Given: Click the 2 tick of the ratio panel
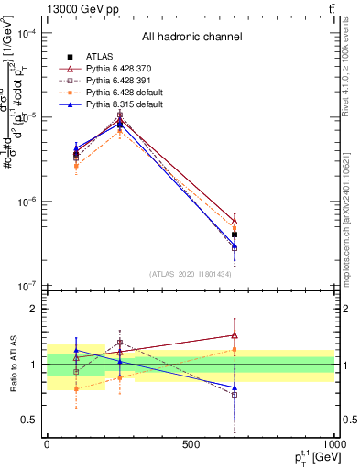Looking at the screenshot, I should pos(32,310).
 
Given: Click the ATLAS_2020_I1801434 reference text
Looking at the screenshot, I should pos(191,274).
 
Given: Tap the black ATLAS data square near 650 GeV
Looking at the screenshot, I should pos(235,234).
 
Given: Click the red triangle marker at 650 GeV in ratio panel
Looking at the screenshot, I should pos(235,335).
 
